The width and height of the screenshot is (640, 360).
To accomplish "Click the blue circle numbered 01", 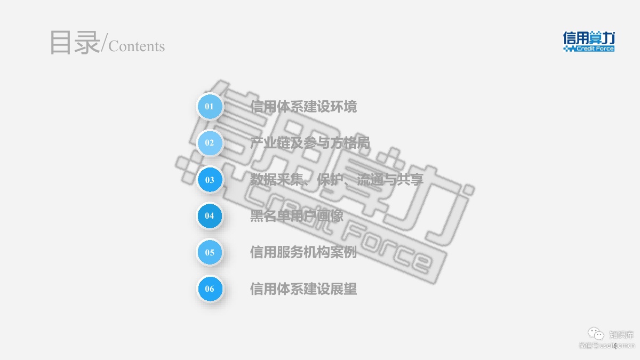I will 210,107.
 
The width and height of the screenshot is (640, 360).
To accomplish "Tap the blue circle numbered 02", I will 210,143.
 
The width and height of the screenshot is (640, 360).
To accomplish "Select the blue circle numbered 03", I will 210,180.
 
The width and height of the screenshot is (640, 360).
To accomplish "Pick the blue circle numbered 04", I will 210,216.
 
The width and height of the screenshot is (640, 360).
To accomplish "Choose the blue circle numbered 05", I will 210,252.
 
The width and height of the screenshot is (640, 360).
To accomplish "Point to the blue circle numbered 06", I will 210,289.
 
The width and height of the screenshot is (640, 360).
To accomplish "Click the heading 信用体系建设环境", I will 303,107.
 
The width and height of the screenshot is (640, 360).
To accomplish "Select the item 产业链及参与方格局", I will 310,143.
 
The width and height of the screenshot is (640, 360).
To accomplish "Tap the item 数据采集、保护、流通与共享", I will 337,180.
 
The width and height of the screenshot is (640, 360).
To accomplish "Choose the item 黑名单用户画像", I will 297,216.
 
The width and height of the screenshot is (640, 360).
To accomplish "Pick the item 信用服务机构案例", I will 303,252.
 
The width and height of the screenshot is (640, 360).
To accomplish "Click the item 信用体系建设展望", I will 303,289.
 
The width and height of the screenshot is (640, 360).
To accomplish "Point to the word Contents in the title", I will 137,46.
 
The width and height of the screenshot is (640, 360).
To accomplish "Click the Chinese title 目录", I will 74,43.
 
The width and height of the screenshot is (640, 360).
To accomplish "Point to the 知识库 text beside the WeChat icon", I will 621,335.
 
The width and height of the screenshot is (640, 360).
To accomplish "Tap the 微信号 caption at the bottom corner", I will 589,346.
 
